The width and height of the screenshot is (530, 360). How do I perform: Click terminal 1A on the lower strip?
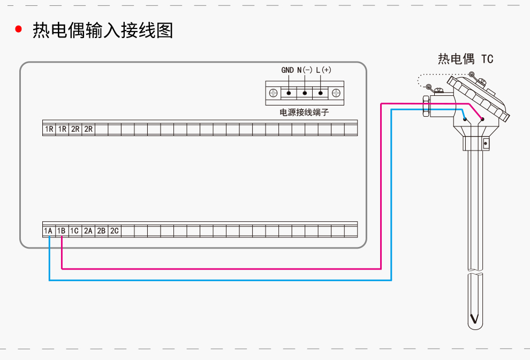[x=48, y=231]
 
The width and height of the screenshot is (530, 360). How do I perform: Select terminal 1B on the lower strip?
[x=61, y=231]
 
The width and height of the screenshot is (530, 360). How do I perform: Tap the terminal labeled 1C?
[x=74, y=231]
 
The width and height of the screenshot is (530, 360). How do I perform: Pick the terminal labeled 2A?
[x=88, y=231]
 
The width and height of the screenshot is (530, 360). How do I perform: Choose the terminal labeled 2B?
[x=101, y=231]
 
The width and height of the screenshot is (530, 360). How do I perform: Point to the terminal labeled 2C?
[x=114, y=231]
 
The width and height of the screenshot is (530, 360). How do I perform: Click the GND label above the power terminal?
[x=287, y=70]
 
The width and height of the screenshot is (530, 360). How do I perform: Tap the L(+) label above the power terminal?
[x=323, y=70]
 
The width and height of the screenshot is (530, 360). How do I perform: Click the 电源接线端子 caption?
[x=304, y=112]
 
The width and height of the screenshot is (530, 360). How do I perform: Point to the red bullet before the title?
[x=19, y=30]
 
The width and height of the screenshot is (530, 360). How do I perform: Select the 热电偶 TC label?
[x=465, y=59]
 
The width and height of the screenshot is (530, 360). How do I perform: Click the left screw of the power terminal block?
[x=273, y=93]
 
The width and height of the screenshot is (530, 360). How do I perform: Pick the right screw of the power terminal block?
[x=337, y=93]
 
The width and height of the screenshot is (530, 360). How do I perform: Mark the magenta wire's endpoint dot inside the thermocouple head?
[x=482, y=119]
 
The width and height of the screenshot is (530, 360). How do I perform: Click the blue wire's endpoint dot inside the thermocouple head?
[x=465, y=119]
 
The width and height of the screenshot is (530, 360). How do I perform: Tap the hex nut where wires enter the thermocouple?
[x=426, y=106]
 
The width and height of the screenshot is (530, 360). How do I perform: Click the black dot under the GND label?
[x=289, y=93]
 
